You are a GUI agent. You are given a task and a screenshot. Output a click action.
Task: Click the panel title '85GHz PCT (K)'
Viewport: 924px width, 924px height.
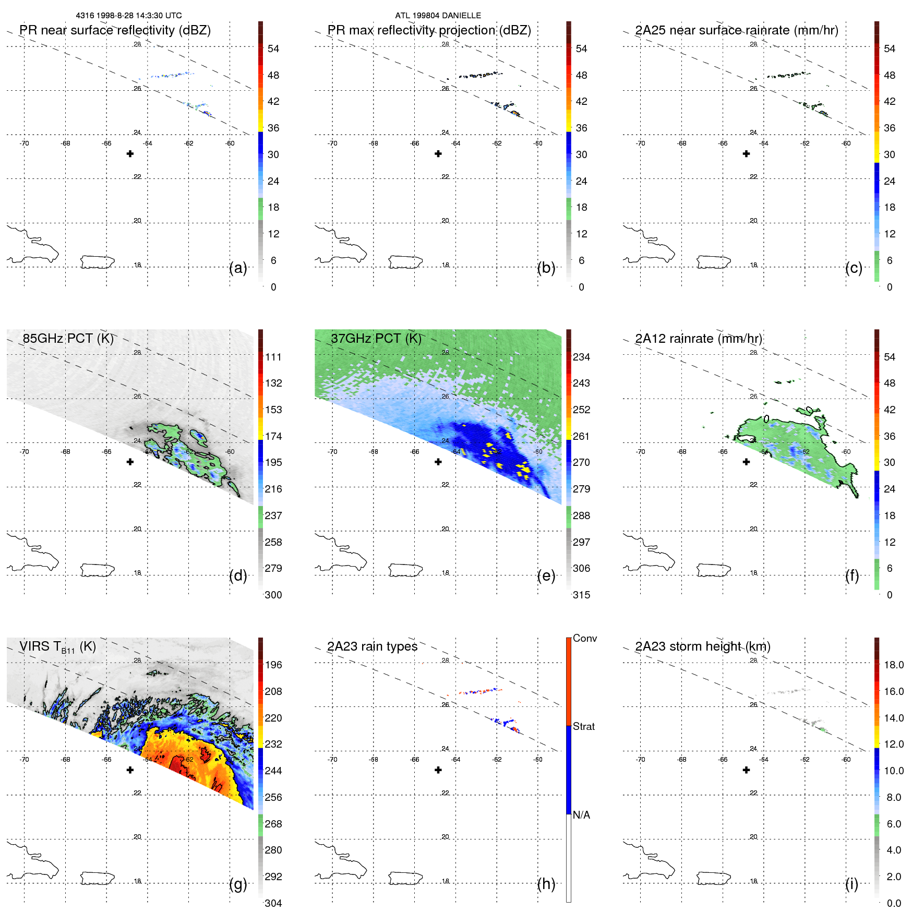point(68,339)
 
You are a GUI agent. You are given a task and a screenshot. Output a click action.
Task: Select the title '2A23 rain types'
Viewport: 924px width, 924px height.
point(372,646)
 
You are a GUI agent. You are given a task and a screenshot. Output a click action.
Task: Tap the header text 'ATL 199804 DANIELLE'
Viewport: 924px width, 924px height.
point(438,16)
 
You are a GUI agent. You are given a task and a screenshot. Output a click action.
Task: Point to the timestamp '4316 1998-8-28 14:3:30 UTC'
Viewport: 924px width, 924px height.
point(129,16)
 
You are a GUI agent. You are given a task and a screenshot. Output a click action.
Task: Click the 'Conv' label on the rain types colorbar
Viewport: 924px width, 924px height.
point(584,638)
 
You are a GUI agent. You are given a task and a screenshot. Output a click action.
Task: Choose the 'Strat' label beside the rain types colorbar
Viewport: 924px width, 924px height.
point(583,726)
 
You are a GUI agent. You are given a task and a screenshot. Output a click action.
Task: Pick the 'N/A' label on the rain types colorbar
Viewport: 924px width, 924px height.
point(581,815)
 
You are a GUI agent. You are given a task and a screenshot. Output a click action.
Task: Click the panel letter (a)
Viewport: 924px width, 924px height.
point(238,268)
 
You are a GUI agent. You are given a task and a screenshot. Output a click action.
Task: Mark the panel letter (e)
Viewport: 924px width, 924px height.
point(546,575)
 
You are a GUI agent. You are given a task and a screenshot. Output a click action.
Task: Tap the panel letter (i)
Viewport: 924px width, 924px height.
point(851,884)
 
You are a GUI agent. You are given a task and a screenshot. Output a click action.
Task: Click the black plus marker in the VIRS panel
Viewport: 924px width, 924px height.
point(130,770)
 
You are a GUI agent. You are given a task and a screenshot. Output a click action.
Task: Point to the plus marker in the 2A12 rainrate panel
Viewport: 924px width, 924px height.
point(747,462)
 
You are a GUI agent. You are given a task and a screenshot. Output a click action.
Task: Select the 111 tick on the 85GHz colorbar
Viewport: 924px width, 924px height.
point(273,357)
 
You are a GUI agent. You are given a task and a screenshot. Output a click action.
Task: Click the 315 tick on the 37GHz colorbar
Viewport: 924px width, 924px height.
point(581,595)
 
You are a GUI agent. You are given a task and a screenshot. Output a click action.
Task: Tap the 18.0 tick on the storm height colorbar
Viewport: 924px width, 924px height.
point(893,665)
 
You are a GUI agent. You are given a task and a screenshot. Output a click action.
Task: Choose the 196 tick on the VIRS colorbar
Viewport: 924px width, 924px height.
point(273,665)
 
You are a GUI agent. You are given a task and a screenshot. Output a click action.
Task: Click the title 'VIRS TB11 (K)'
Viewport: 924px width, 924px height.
point(57,647)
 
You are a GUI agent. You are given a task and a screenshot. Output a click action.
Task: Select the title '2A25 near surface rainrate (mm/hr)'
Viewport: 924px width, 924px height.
point(736,30)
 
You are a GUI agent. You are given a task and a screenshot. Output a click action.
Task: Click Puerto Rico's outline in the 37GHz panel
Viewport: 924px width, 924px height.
point(405,570)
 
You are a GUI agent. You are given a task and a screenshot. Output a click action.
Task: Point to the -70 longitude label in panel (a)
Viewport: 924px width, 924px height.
point(24,143)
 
